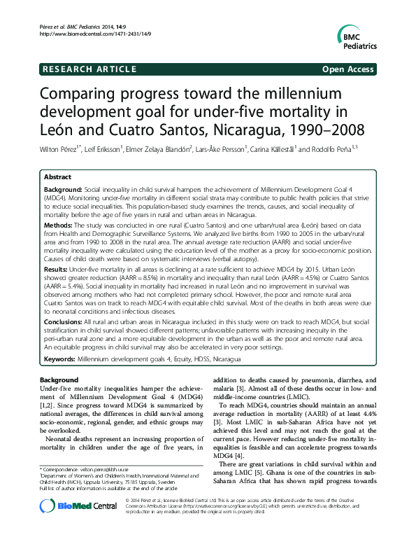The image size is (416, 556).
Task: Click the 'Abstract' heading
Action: [x=58, y=177]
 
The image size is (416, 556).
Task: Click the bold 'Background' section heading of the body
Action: [x=59, y=380]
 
